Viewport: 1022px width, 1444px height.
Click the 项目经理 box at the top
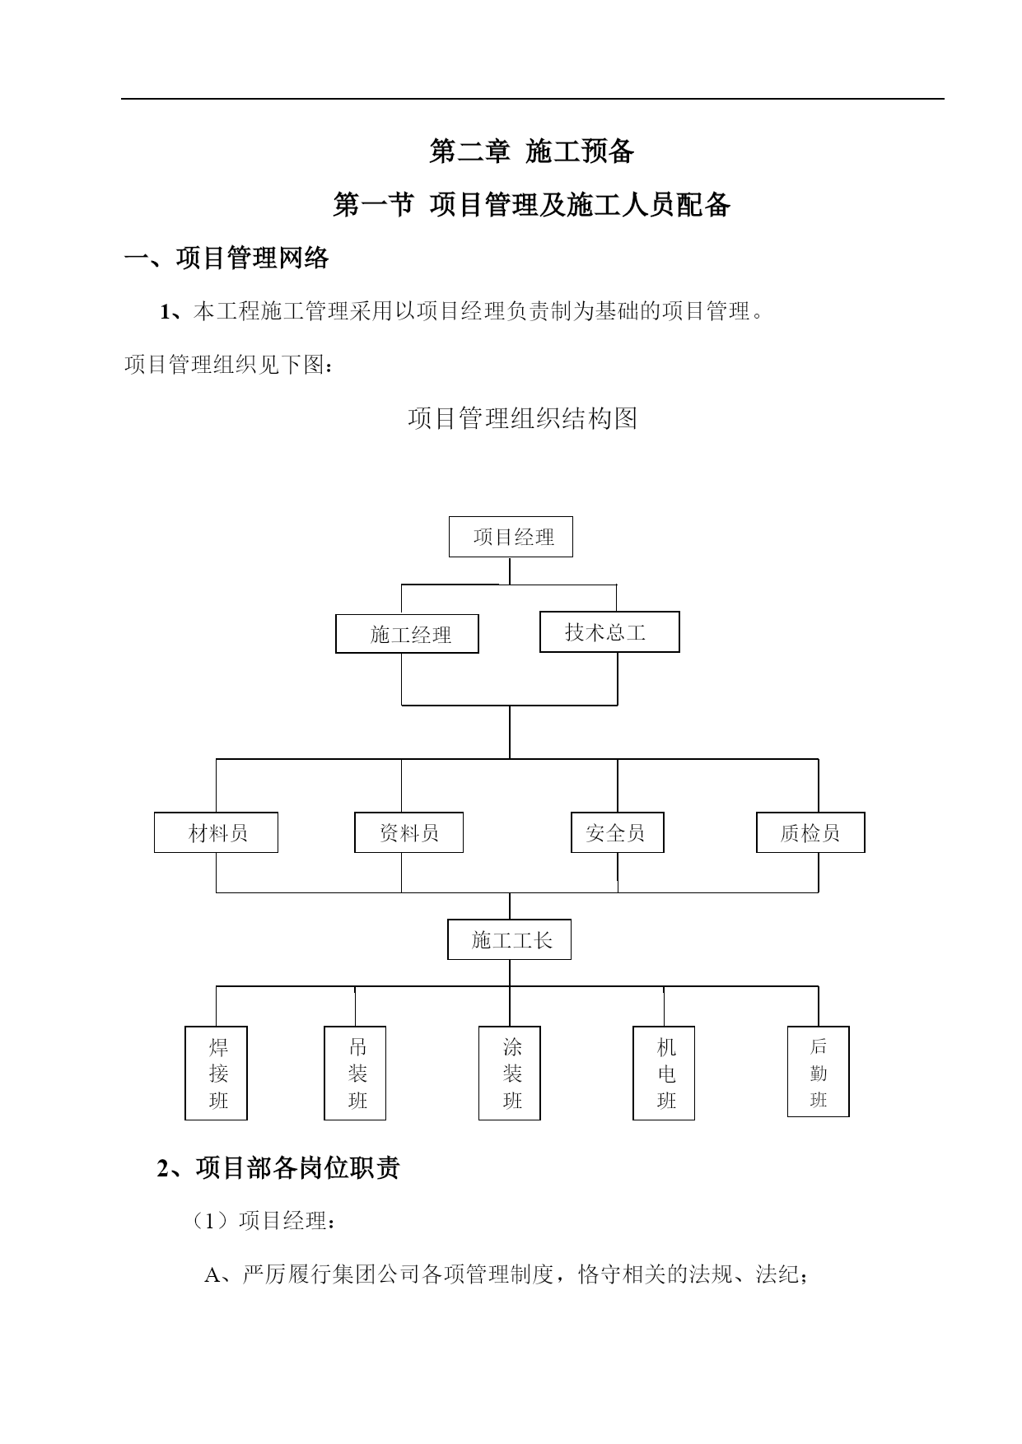(511, 537)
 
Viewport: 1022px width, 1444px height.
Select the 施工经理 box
(407, 634)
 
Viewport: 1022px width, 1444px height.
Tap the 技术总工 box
(609, 632)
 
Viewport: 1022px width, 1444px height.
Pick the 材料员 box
(216, 832)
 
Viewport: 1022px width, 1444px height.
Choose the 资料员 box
(408, 832)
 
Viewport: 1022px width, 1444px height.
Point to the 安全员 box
(618, 832)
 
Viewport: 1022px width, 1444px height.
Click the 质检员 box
(810, 832)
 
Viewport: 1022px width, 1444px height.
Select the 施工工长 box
(509, 939)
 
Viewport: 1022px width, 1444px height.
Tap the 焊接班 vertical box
(217, 1073)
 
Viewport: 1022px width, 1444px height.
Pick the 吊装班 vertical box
(355, 1073)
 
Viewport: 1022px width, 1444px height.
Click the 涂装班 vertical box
(510, 1073)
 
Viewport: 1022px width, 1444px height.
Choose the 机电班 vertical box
(664, 1073)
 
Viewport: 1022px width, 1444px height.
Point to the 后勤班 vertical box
(819, 1071)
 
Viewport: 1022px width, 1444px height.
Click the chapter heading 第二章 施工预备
(532, 151)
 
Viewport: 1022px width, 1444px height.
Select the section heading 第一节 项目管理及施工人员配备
(532, 204)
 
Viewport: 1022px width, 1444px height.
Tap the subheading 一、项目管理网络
(226, 258)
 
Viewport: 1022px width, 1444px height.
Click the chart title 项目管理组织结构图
(523, 418)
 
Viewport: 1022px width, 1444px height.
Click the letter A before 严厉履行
(212, 1275)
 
